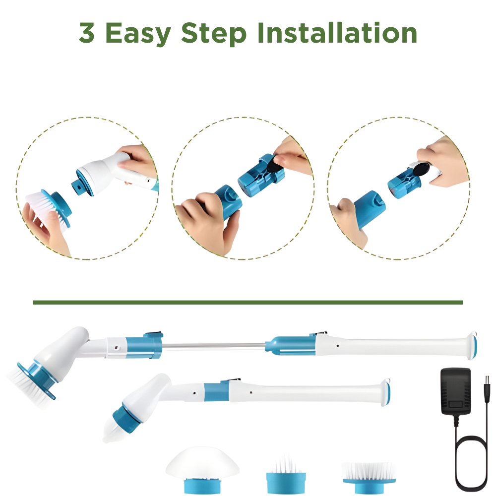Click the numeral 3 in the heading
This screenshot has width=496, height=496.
[x=86, y=33]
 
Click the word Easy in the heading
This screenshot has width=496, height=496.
[x=137, y=34]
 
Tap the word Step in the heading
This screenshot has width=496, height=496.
[x=213, y=34]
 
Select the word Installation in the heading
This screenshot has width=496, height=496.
[x=337, y=33]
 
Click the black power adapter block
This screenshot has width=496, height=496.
[x=455, y=392]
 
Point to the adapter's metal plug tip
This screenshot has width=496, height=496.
[x=488, y=379]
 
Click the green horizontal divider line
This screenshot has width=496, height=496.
[x=248, y=303]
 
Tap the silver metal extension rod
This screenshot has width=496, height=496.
[x=214, y=346]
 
